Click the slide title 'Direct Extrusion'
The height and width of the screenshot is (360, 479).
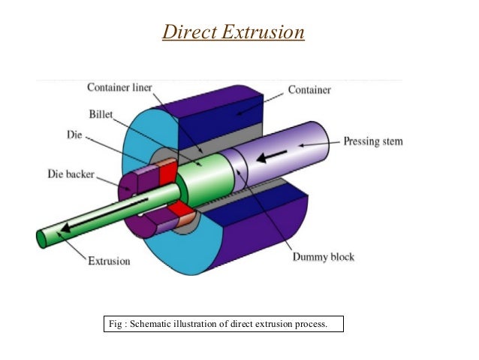[233, 34]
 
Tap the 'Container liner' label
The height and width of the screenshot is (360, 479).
[119, 88]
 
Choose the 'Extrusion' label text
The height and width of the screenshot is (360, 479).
[109, 261]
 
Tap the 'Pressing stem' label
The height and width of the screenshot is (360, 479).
[374, 141]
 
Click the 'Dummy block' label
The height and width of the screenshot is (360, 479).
[323, 257]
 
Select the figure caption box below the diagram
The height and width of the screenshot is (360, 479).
[222, 325]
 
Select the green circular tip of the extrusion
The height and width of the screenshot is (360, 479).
[41, 238]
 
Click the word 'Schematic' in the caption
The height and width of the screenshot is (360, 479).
[150, 325]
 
